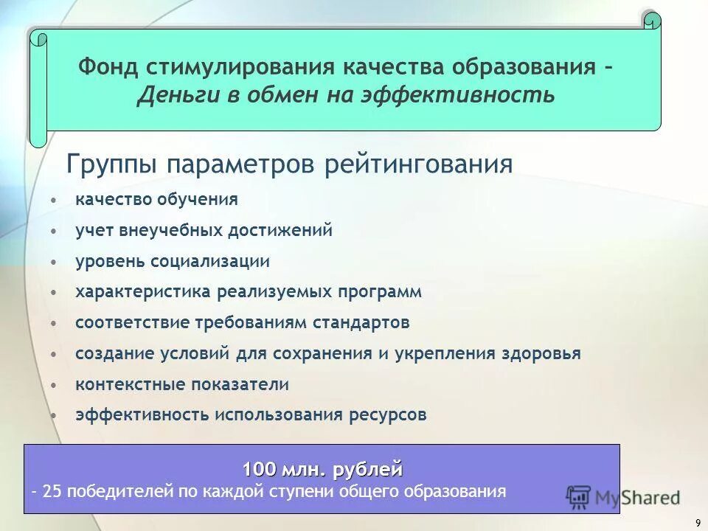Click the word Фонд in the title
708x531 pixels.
[108, 67]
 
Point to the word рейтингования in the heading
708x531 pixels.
[418, 164]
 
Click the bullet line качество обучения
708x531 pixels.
[156, 199]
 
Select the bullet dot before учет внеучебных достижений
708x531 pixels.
[55, 231]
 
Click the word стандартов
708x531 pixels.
[361, 322]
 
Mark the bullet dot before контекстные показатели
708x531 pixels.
[55, 385]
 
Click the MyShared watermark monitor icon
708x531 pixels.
[578, 496]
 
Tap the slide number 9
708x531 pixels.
[698, 523]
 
